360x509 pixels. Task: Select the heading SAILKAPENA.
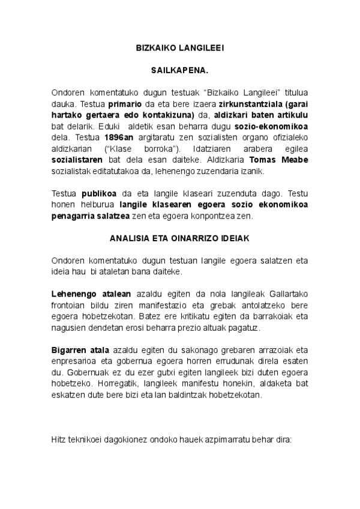click(179, 70)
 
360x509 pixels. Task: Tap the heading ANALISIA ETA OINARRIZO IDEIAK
click(179, 238)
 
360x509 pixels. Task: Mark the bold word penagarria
click(78, 216)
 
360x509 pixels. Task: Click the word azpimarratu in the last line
click(223, 439)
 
